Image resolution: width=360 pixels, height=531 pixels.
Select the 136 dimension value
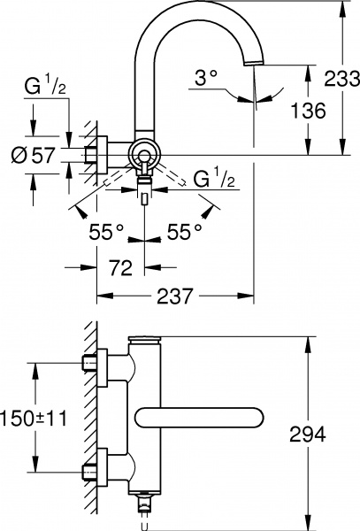(x=307, y=110)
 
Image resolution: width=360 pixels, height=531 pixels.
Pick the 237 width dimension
(x=174, y=298)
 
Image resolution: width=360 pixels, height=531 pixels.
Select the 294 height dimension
(x=308, y=434)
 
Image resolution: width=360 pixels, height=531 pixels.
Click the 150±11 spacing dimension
(x=34, y=417)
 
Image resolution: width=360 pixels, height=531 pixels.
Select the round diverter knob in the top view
(x=142, y=155)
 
